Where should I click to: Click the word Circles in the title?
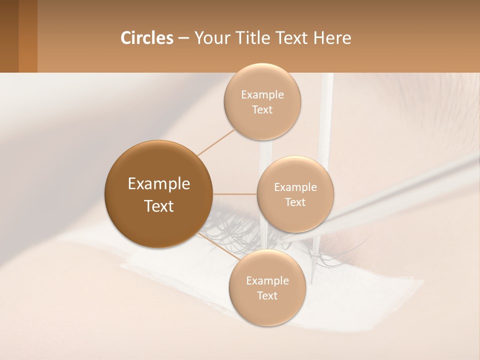click(146, 38)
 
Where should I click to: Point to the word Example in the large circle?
click(158, 184)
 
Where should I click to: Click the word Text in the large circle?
click(158, 206)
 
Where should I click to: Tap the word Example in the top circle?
click(262, 94)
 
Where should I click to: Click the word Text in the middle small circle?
click(295, 202)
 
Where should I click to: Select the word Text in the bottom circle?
click(267, 295)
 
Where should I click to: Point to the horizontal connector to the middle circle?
click(234, 194)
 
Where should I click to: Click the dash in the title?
click(183, 38)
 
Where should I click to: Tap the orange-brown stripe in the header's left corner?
click(27, 36)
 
